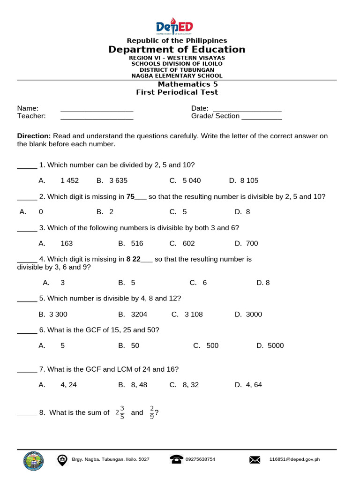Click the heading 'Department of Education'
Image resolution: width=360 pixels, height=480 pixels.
coord(177,50)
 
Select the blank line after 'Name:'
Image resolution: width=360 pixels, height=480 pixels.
coord(97,111)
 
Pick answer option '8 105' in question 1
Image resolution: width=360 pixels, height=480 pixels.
coord(249,180)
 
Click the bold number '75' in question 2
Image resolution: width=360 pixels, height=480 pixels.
coord(130,196)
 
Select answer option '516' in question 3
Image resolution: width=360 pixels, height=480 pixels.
coord(137,243)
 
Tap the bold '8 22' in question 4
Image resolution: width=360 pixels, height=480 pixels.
coord(134,259)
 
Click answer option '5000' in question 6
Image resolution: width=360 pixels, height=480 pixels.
coord(276,345)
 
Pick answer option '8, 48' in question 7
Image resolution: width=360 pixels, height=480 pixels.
coord(139,385)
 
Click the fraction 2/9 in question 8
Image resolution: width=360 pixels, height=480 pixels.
coord(152,412)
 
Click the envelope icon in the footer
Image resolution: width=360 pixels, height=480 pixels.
coord(255,459)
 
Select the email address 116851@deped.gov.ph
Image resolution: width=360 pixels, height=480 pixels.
coord(294,459)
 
